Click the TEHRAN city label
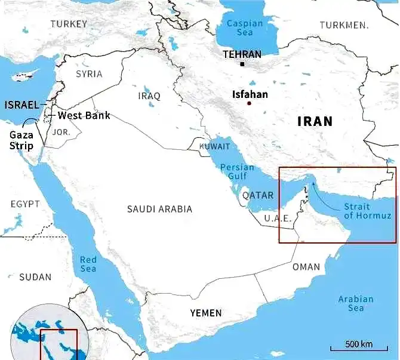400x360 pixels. (x=242, y=54)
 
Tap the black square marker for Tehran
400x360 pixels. (x=242, y=64)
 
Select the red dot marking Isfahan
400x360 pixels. (x=249, y=103)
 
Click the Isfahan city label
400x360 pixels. (x=250, y=94)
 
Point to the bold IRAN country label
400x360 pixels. (x=315, y=121)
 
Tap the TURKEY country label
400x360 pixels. (x=69, y=24)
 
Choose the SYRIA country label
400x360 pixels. (x=89, y=74)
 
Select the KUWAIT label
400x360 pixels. (x=214, y=146)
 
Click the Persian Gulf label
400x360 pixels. (x=237, y=171)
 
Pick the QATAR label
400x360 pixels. (x=258, y=195)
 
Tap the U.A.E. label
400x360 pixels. (x=278, y=219)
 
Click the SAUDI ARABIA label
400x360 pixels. (x=159, y=209)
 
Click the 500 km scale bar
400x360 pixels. (x=358, y=345)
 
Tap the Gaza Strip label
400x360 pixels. (x=21, y=140)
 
